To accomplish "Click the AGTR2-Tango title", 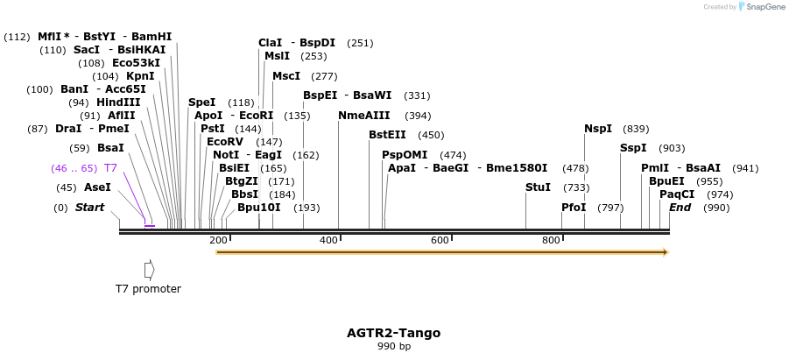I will tap(393, 333).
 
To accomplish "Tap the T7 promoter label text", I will tap(148, 289).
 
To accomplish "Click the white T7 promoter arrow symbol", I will tap(149, 269).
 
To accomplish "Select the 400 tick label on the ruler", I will tap(329, 240).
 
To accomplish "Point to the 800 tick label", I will tap(551, 240).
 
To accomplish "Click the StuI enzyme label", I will tap(538, 187).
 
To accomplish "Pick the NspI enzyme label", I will tap(598, 129).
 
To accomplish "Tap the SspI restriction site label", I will tap(633, 148).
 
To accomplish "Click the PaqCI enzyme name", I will tap(677, 194).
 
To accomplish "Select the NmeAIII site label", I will tap(366, 116).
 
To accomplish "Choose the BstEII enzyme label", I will tap(387, 135).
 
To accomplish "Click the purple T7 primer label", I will tap(110, 167).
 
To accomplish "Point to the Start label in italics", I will tap(89, 208).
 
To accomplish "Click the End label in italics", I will tap(680, 208).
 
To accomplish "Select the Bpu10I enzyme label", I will tap(258, 208).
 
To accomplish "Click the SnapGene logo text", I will tap(764, 7).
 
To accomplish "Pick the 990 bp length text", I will tap(393, 347).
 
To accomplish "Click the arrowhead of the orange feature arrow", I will tap(666, 252).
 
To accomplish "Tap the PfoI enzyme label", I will tap(574, 208).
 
